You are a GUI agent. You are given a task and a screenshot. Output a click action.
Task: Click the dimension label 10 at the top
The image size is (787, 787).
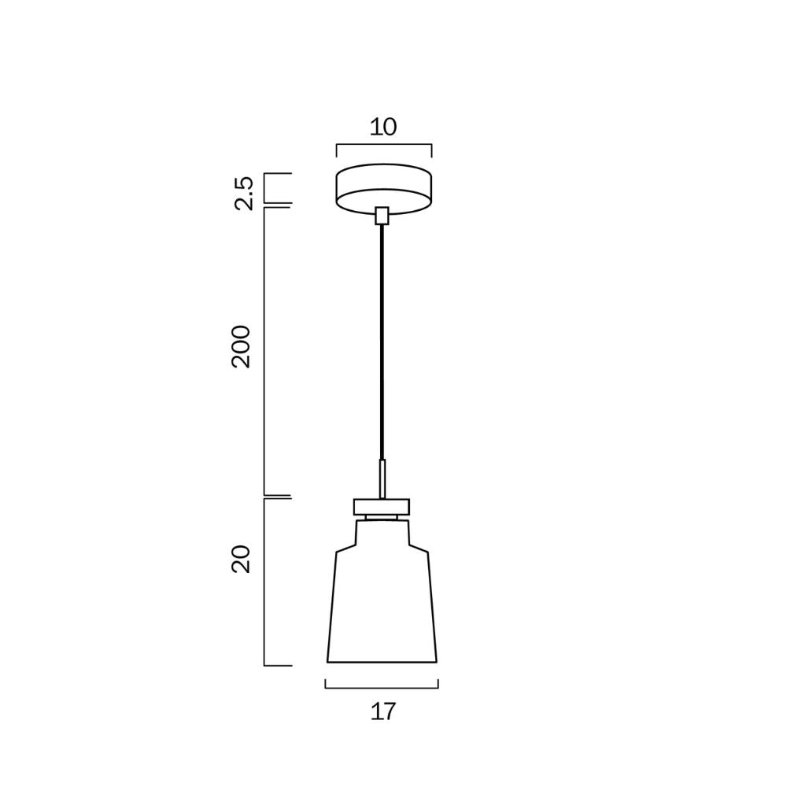pyautogui.click(x=383, y=127)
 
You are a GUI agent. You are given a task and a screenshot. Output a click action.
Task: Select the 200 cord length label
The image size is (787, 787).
pyautogui.click(x=241, y=347)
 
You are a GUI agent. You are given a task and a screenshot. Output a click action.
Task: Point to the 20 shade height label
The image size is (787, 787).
pyautogui.click(x=241, y=559)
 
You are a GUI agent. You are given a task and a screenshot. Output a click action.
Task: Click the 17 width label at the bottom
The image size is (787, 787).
pyautogui.click(x=383, y=711)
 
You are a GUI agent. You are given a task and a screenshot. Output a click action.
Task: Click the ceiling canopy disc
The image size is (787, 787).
pyautogui.click(x=384, y=188)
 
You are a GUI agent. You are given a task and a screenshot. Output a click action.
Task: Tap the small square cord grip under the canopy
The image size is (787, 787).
pyautogui.click(x=382, y=216)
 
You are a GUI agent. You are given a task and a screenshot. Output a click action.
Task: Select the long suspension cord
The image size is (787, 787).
pyautogui.click(x=382, y=342)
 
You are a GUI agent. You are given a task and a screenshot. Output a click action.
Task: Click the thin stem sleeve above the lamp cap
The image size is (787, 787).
pyautogui.click(x=382, y=478)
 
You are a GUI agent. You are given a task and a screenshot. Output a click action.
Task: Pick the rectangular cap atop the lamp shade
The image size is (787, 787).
pyautogui.click(x=382, y=507)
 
